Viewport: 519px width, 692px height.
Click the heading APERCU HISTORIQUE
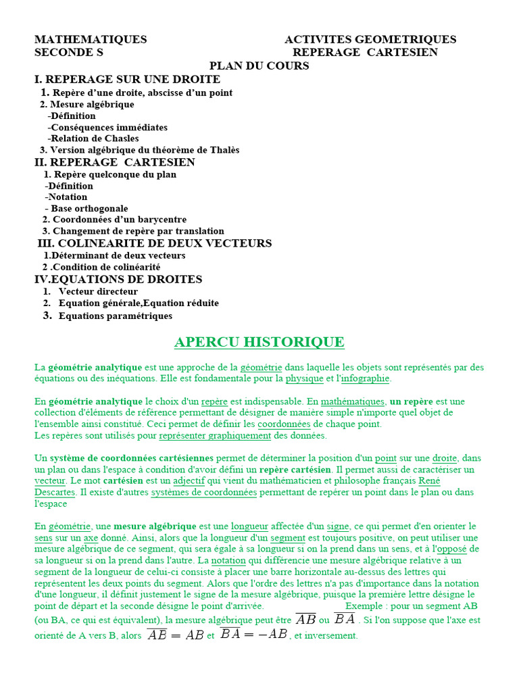tap(259, 342)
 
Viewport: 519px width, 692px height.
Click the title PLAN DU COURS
tap(259, 66)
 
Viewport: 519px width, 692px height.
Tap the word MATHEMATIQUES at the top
tap(91, 40)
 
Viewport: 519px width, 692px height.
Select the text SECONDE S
tap(69, 52)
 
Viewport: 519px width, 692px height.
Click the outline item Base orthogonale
tap(89, 208)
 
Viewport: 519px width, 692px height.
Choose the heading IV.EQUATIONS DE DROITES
tap(118, 279)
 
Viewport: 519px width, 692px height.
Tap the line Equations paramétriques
tap(115, 316)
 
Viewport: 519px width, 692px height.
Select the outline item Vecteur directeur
tap(98, 291)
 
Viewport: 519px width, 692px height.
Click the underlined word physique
tap(305, 378)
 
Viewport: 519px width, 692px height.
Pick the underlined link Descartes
tap(55, 492)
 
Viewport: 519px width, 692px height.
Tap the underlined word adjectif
tap(189, 480)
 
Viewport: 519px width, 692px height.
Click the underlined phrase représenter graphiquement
tap(223, 435)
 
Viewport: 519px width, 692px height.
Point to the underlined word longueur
tap(249, 526)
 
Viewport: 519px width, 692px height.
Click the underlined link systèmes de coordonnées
tap(203, 492)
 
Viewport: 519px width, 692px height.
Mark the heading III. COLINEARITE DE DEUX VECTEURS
tap(155, 243)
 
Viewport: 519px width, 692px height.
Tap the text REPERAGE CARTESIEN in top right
tap(365, 52)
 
